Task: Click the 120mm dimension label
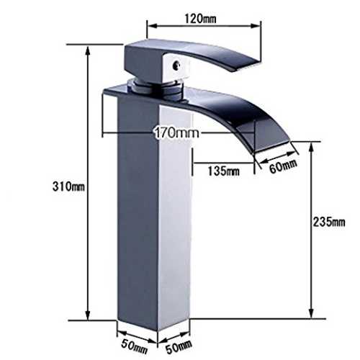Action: coord(200,19)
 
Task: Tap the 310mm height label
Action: coord(68,186)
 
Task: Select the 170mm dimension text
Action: coord(176,132)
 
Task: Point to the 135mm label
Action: coord(223,171)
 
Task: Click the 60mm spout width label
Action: coord(283,166)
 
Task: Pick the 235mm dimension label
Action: coord(329,222)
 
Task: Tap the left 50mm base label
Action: coord(134,347)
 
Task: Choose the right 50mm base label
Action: coord(179,346)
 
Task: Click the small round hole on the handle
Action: coord(176,64)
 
